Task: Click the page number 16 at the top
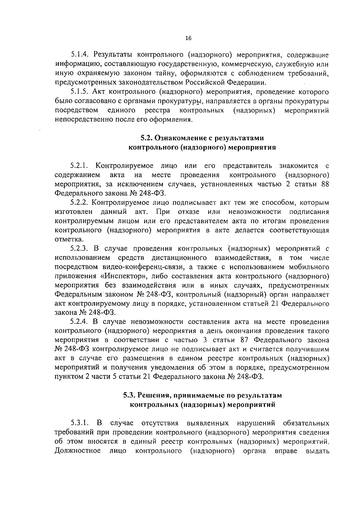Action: point(188,38)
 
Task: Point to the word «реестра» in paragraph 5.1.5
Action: point(157,110)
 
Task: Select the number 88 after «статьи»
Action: point(325,184)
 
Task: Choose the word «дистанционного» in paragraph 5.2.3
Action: point(179,258)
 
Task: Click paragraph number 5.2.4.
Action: point(79,322)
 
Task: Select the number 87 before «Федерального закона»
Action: point(246,340)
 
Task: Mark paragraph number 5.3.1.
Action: point(79,423)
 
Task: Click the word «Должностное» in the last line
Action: point(78,451)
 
